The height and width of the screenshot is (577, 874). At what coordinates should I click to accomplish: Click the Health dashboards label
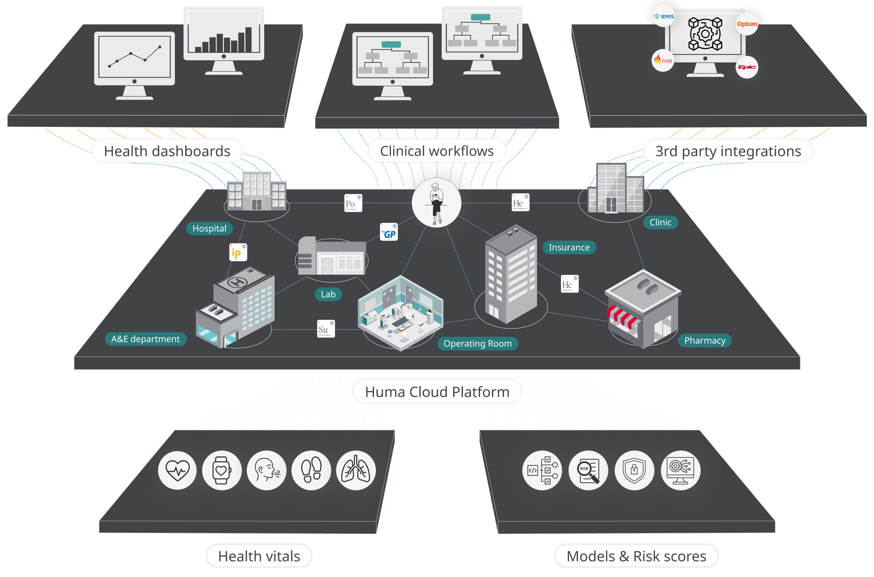[x=167, y=151]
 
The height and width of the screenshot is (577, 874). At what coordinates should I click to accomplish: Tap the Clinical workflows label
[x=437, y=151]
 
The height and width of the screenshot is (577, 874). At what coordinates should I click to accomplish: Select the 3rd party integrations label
[x=728, y=151]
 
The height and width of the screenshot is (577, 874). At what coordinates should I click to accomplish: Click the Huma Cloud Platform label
[x=437, y=392]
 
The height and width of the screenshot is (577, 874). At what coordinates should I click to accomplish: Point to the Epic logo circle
[x=747, y=67]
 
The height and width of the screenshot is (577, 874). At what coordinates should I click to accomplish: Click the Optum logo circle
[x=747, y=24]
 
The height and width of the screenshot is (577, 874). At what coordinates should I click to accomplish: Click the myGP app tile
[x=389, y=232]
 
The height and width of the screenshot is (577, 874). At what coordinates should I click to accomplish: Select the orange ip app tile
[x=238, y=253]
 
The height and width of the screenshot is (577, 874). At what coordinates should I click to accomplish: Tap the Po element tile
[x=353, y=203]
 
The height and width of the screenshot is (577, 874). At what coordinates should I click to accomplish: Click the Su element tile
[x=326, y=329]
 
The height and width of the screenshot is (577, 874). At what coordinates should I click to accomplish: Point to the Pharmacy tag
[x=705, y=341]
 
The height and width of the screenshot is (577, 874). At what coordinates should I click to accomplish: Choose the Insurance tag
[x=569, y=248]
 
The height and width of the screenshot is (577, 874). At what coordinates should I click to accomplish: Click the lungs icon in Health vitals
[x=356, y=471]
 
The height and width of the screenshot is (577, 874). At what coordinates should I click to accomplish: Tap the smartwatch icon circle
[x=222, y=471]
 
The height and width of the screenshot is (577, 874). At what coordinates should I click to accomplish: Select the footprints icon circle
[x=311, y=471]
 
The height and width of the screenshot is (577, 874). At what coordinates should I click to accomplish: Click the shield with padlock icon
[x=634, y=471]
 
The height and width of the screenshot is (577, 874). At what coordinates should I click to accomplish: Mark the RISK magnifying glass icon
[x=588, y=471]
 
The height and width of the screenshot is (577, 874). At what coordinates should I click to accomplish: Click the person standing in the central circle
[x=436, y=203]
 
